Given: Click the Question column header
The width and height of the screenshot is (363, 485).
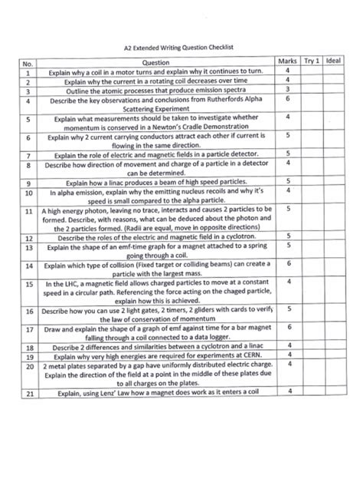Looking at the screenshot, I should coord(155,61).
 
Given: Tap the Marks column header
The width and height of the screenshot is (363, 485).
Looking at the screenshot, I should coord(286,61).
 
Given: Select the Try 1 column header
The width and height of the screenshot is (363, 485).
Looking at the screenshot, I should coord(312,61).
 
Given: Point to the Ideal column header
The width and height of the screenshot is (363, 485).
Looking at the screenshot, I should coord(334,61).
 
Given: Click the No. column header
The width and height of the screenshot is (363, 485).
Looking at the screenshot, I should coord(27,62).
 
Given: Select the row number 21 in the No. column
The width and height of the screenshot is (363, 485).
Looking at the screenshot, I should coord(27,393).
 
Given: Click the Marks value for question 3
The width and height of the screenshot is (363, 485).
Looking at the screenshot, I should coord(286,88).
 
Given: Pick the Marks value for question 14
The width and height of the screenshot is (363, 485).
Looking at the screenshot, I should coord(286,263).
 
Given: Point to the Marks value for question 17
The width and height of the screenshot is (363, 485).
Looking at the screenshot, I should coord(286,327).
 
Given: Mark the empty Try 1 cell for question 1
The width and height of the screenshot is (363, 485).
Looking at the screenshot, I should coord(312,70).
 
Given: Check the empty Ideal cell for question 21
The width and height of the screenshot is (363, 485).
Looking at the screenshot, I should coord(334,392).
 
